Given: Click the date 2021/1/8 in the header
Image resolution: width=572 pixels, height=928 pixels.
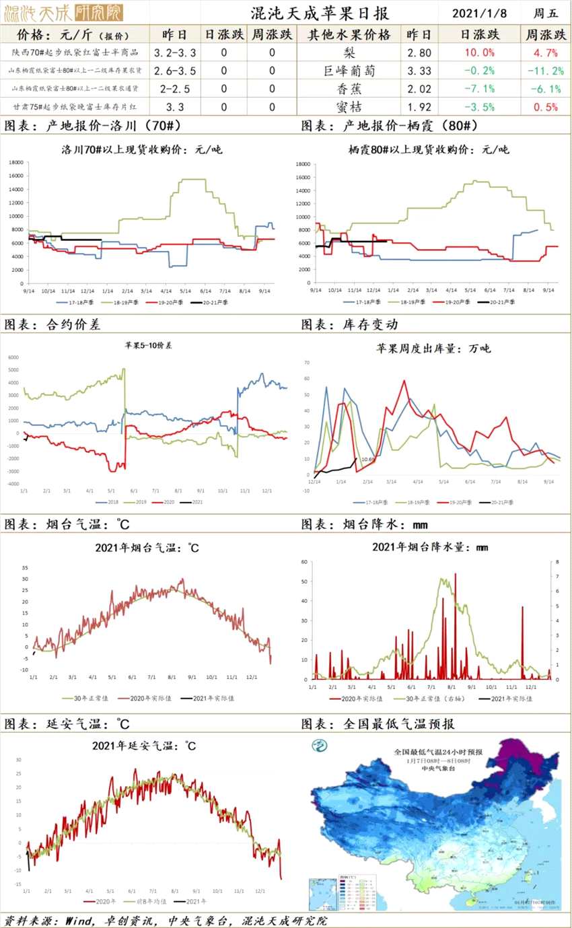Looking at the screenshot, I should tap(479, 13).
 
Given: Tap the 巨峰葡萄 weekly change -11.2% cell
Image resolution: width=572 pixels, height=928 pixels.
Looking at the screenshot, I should tap(544, 71).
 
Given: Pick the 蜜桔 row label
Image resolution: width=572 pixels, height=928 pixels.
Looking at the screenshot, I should tap(351, 106).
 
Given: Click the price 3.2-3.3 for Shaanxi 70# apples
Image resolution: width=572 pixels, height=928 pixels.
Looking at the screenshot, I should tap(175, 52).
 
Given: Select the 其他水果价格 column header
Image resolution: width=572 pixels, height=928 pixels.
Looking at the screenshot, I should tap(349, 35).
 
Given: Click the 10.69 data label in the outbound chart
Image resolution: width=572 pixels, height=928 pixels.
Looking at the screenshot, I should tap(368, 460).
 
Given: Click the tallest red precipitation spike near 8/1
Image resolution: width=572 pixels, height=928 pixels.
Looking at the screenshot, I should tap(455, 575).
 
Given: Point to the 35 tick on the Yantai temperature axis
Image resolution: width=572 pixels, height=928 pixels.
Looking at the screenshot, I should tap(25, 567).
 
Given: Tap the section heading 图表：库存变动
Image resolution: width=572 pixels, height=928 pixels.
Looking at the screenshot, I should tap(349, 324).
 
